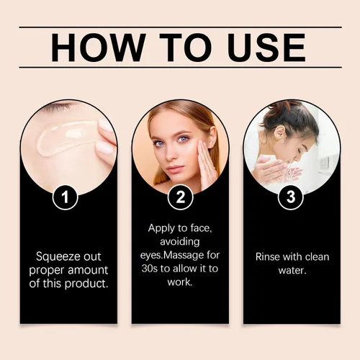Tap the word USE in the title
[267, 48]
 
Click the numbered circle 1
[65, 197]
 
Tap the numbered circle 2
[180, 197]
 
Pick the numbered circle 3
[291, 197]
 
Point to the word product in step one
[86, 284]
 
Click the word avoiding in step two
[180, 242]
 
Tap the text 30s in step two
[149, 269]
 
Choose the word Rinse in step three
[268, 257]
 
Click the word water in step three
[292, 271]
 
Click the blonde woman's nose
[171, 153]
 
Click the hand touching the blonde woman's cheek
[207, 166]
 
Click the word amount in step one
[88, 271]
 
